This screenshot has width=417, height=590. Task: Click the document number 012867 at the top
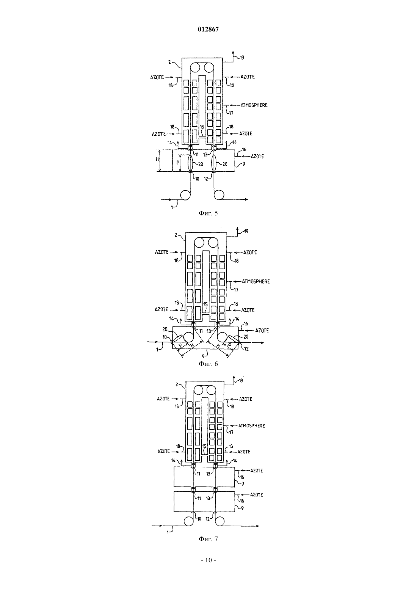point(208,29)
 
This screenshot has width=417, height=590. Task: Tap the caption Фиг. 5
point(208,213)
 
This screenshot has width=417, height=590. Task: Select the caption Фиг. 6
point(208,364)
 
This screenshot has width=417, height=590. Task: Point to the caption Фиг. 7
point(208,539)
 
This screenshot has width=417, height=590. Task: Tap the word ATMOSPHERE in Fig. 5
point(254,105)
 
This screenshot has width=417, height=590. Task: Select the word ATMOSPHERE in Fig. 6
point(256,282)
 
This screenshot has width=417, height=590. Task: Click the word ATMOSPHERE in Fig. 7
point(252,426)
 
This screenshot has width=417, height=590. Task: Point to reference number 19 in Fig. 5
point(242,57)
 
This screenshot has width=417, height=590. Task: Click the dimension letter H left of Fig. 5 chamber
point(157,159)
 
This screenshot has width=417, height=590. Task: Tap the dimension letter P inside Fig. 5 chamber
point(178,163)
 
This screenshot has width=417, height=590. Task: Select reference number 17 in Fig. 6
point(236,290)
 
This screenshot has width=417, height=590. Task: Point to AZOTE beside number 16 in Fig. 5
point(257,157)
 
